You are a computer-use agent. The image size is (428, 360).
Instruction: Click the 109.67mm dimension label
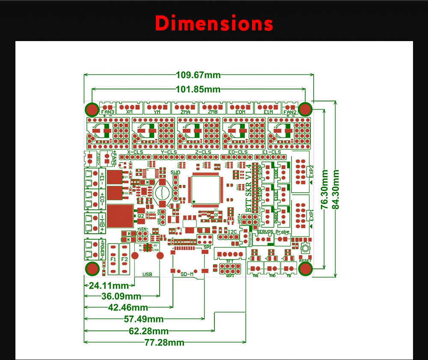tap(198, 75)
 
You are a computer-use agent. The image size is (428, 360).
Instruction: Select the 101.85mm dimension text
tap(198, 89)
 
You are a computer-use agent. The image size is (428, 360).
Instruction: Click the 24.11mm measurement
tap(109, 286)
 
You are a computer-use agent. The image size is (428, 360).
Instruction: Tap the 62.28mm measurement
tap(148, 330)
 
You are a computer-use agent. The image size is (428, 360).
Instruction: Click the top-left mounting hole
tap(92, 109)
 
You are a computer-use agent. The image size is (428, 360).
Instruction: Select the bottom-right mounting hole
tap(305, 269)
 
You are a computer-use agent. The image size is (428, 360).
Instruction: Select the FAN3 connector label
tap(107, 112)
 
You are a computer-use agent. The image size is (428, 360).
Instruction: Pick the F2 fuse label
tap(125, 259)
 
